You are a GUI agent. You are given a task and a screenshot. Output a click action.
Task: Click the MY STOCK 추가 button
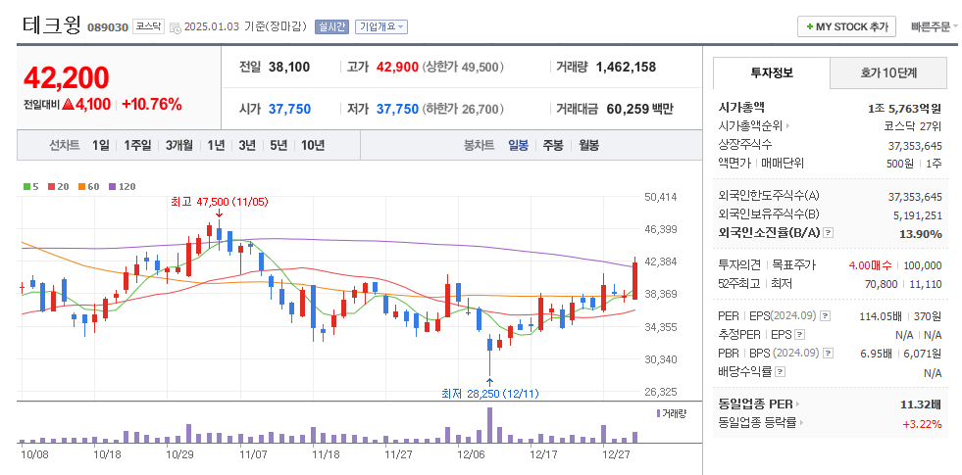846,26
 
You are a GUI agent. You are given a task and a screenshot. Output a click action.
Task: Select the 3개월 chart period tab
178,145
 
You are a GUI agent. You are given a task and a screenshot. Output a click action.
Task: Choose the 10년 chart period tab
313,145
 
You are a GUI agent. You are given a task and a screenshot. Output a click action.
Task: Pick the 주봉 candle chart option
553,145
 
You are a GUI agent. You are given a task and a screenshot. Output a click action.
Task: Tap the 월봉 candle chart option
588,145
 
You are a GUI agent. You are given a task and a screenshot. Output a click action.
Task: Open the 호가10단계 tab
888,72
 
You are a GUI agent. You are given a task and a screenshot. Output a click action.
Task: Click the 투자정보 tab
772,72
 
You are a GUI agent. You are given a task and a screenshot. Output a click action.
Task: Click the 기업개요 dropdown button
381,27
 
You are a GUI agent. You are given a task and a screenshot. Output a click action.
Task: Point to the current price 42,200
67,78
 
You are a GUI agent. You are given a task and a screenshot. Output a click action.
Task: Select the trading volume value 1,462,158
626,68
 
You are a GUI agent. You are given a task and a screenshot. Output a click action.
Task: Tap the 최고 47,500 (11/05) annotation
219,201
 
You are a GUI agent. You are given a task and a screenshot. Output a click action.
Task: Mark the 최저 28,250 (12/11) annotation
489,393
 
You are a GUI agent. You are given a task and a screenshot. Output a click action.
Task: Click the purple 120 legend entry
122,186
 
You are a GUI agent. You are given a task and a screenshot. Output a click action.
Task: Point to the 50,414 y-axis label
661,197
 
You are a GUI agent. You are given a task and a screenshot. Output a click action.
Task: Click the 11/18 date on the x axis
326,454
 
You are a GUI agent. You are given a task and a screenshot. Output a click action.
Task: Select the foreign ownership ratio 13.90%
920,233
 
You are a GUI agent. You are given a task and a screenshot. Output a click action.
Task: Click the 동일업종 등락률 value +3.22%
922,423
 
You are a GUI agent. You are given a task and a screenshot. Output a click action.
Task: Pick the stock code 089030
108,27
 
